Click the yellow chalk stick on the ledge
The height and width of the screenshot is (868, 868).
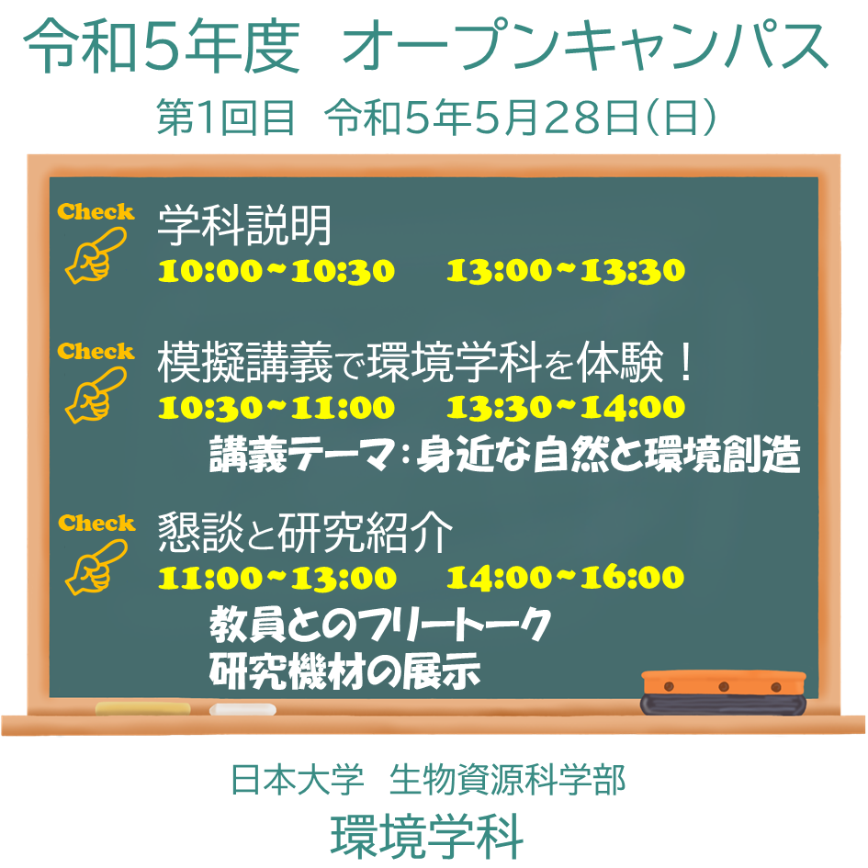pos(142,708)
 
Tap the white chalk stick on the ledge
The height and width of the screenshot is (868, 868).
pos(242,709)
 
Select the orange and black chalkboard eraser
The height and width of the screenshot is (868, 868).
pos(723,693)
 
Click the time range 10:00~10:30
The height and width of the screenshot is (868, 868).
pos(276,271)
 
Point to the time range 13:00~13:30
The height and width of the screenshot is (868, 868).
pos(566,271)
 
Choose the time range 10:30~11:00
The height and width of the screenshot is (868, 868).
pos(276,408)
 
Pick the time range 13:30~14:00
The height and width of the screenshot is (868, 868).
pos(566,408)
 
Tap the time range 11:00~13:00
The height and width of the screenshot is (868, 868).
pos(276,578)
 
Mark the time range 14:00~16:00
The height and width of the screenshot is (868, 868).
pos(565,578)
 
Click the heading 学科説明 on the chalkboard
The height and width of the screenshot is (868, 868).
pos(244,225)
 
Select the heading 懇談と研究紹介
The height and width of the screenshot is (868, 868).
pos(305,533)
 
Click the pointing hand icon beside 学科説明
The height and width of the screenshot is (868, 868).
pos(96,255)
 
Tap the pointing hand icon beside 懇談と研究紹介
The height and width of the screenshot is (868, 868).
pos(96,567)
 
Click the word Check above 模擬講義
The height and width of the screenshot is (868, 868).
pos(96,352)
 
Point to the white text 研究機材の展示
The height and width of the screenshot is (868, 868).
pos(344,671)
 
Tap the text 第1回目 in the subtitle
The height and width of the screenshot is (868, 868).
pos(225,117)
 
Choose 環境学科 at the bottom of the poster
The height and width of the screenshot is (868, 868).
pos(427,837)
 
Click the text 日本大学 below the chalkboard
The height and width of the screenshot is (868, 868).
pos(298,780)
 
